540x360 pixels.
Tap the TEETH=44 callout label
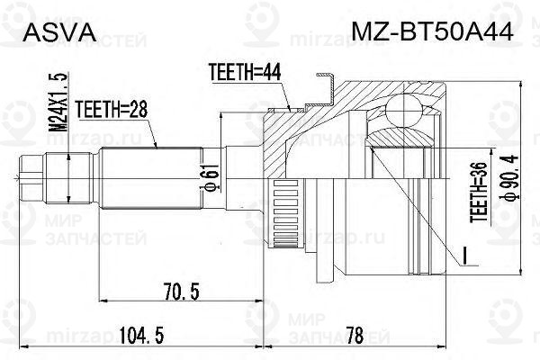click(242, 71)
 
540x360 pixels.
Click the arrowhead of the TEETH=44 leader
click(289, 110)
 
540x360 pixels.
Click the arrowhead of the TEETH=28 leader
click(156, 146)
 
